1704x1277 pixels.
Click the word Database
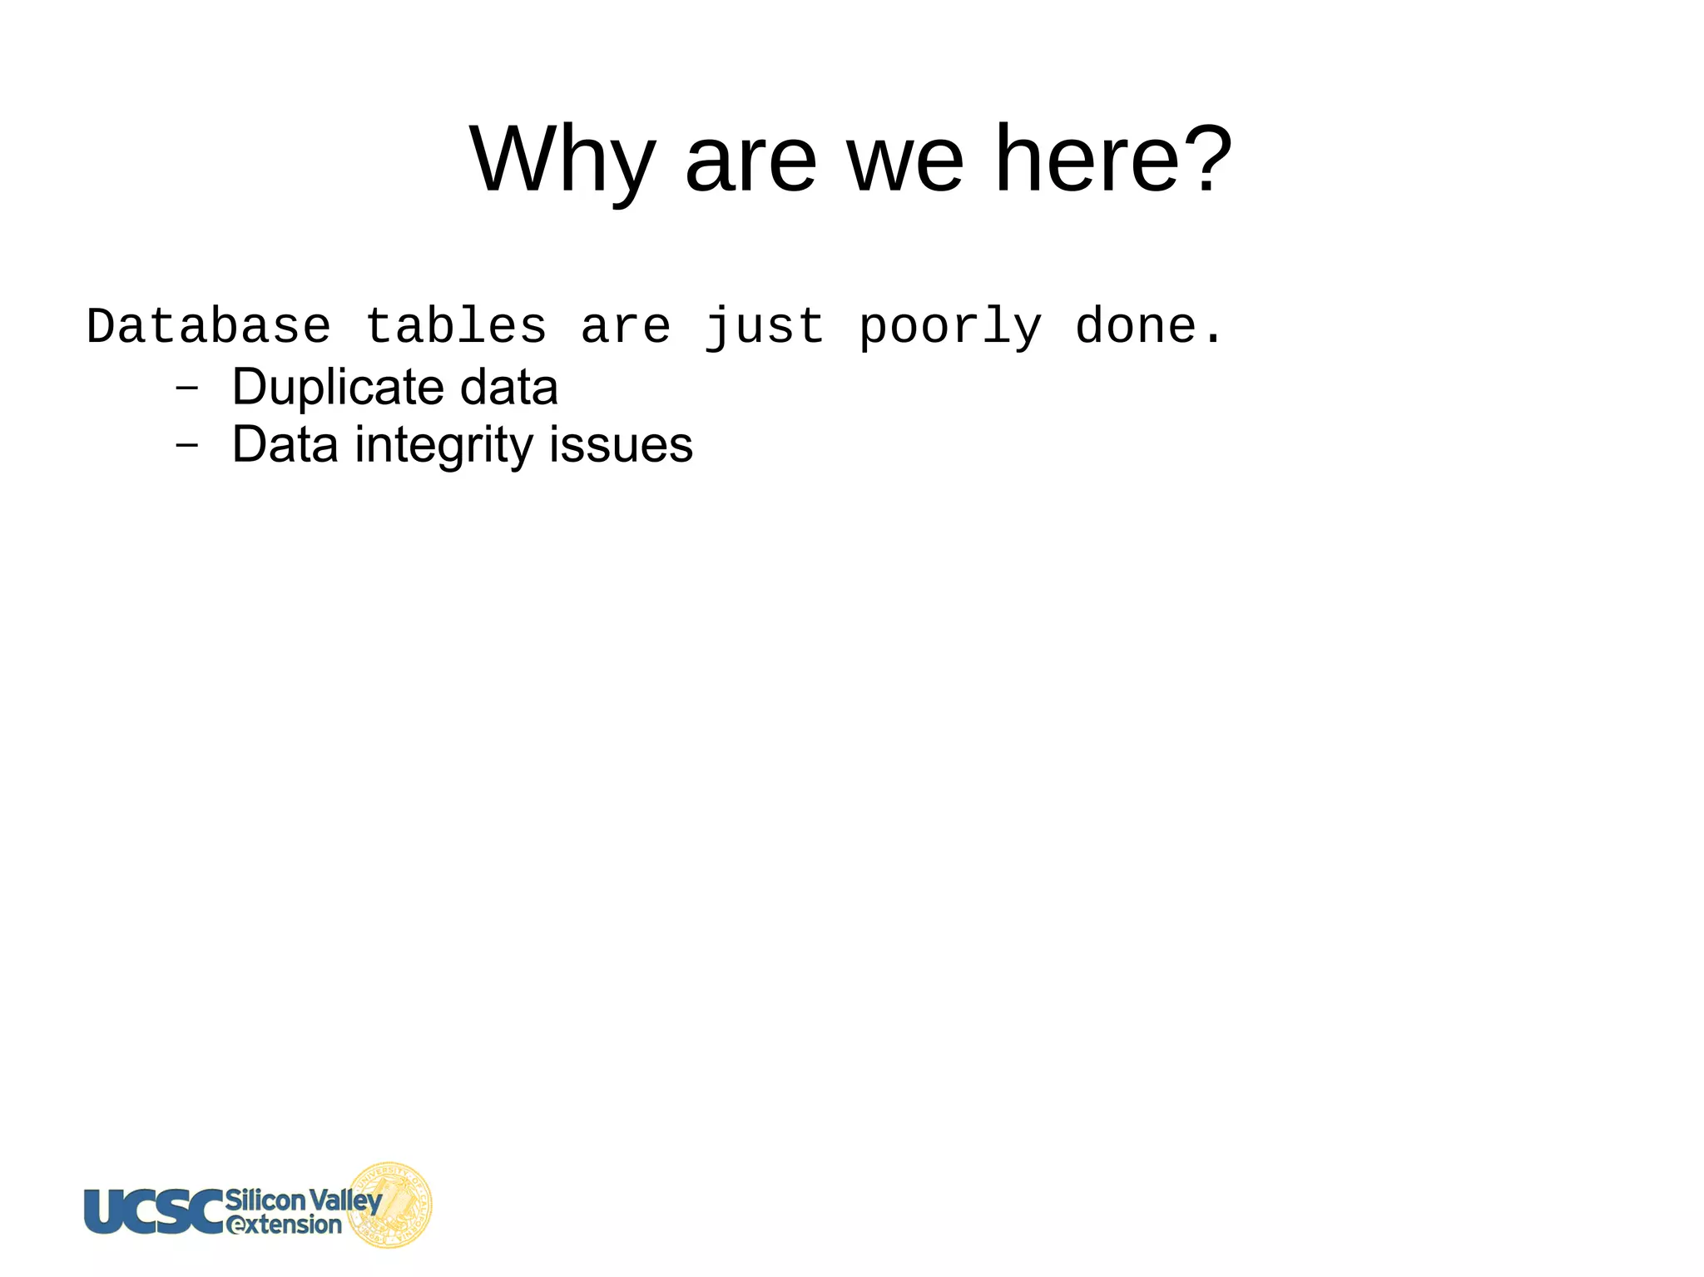[208, 326]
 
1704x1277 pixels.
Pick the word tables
[455, 326]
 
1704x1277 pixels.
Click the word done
[1136, 326]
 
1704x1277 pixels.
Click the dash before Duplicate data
[187, 388]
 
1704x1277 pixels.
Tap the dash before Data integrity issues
[187, 445]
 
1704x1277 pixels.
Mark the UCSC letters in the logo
[154, 1210]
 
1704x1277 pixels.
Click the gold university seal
[390, 1205]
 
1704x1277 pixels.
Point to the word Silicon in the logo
[265, 1200]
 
